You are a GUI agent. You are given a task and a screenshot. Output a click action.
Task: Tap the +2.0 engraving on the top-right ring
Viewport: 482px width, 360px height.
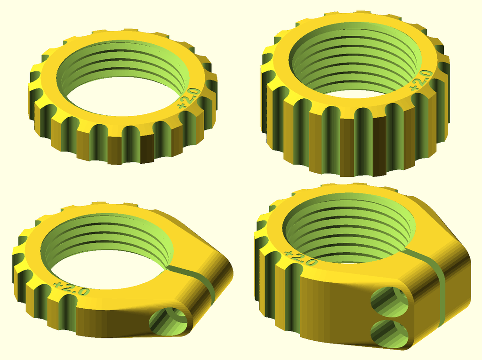tap(420, 80)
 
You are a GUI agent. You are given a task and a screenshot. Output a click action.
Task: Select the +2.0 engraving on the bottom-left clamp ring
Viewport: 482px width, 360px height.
tap(72, 288)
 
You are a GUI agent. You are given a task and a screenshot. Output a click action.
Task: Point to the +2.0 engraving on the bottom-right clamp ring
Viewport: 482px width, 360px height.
tap(301, 258)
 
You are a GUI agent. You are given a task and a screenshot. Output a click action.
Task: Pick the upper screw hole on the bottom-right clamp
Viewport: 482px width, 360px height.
tap(390, 301)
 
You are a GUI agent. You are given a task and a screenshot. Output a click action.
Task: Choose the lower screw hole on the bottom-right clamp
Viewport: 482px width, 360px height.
tap(389, 333)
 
